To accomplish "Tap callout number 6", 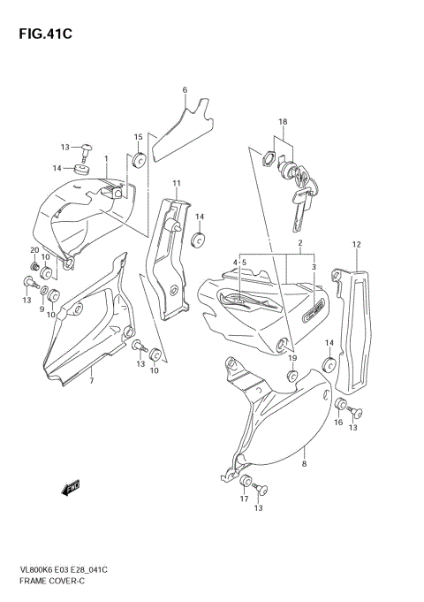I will [x=185, y=90].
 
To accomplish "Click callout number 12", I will [x=356, y=244].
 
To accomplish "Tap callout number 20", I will [x=34, y=250].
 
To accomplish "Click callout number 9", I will [x=42, y=308].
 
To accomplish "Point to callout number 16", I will [x=338, y=423].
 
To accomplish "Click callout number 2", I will [x=300, y=242].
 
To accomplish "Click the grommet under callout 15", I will [x=139, y=161].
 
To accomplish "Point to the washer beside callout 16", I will [x=339, y=404].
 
